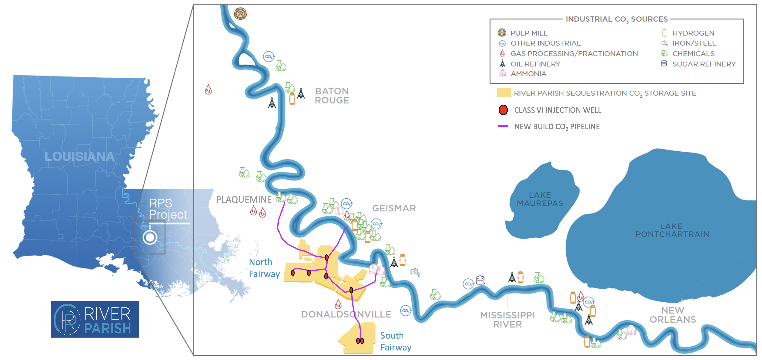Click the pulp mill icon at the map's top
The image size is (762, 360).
(240, 14)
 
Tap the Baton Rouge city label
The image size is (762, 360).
(332, 95)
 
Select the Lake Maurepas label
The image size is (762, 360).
(540, 199)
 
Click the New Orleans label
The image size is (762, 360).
(673, 315)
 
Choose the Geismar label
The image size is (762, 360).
(394, 208)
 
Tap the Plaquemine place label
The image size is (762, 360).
(244, 200)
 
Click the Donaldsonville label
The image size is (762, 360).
(346, 314)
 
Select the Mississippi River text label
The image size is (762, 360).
(507, 320)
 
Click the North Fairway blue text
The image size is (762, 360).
(264, 268)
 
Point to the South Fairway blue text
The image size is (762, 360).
(395, 341)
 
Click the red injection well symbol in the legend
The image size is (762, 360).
(503, 110)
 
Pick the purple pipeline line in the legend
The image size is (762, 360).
(503, 126)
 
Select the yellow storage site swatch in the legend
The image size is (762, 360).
(503, 93)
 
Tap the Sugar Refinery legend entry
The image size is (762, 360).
(703, 64)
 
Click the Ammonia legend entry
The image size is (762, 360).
(528, 74)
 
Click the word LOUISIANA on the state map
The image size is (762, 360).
(79, 157)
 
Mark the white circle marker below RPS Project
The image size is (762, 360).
(150, 237)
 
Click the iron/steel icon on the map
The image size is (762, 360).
(415, 271)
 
